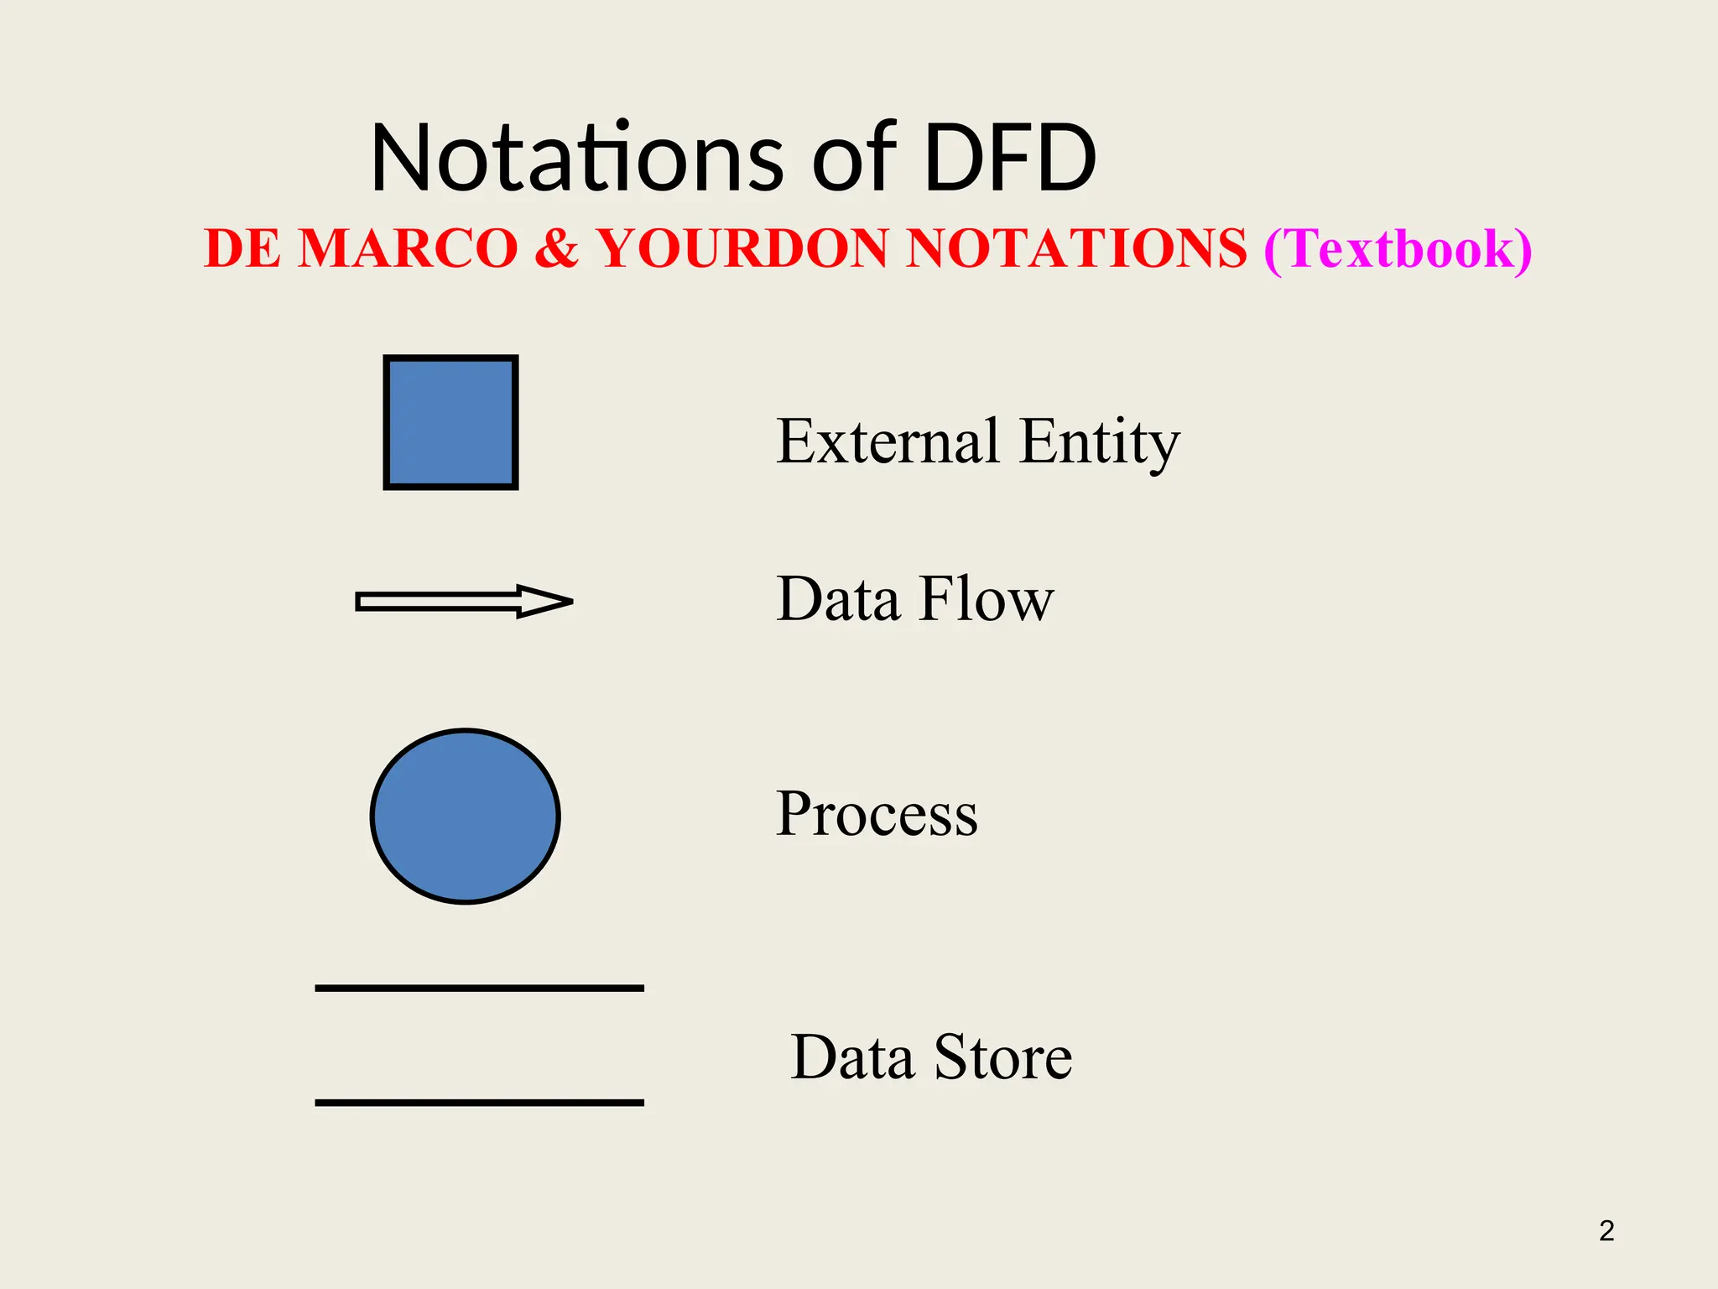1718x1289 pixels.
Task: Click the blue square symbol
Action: coord(450,422)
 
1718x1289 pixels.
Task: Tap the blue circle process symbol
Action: coord(465,816)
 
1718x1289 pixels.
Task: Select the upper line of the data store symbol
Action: coord(479,989)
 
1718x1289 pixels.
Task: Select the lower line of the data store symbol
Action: coord(479,1102)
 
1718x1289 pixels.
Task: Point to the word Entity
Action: coord(1099,442)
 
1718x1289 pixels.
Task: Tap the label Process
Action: coord(877,814)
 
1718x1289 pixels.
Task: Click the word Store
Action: coord(1002,1057)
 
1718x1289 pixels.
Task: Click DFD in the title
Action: coord(1010,157)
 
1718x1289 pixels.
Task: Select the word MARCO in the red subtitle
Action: coord(408,248)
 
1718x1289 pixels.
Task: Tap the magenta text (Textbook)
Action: coord(1398,249)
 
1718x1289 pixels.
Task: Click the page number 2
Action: coord(1606,1230)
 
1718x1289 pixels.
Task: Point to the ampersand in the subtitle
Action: coord(556,248)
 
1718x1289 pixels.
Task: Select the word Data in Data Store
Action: coord(851,1057)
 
